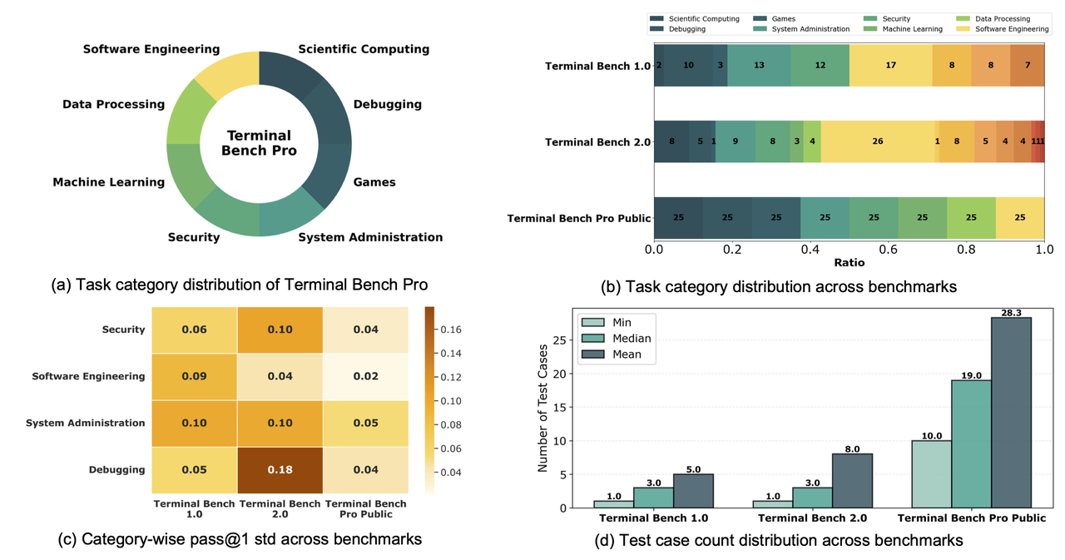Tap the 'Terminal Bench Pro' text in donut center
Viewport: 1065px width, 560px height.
tap(259, 143)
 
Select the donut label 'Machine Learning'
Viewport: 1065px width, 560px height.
tap(108, 182)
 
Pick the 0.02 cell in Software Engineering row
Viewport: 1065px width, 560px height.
tap(366, 376)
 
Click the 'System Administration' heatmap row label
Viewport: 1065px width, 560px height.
tap(85, 423)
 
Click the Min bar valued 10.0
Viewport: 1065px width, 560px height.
tap(932, 474)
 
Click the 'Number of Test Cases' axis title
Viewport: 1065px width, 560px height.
tap(542, 408)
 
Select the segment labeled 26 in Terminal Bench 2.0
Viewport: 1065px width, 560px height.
tap(877, 141)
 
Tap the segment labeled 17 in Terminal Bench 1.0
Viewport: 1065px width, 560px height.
tap(890, 66)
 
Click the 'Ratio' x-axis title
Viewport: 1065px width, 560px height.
tap(849, 263)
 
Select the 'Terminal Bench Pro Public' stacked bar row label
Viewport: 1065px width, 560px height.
tap(578, 218)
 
